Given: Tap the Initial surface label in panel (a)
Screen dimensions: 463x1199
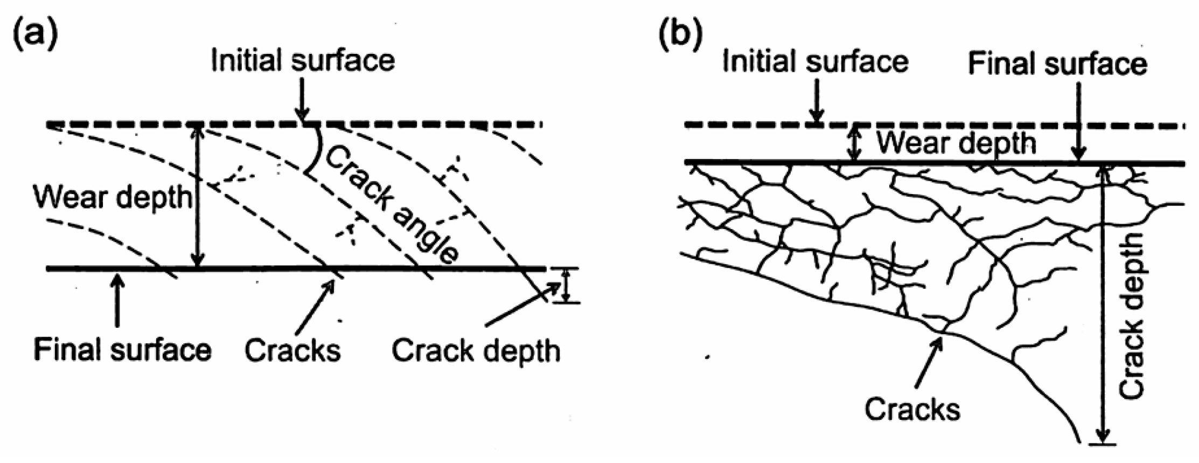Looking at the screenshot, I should point(303,60).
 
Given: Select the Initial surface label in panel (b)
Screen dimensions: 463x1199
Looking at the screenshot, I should point(815,61).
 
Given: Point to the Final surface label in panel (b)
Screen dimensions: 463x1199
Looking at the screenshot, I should point(1057,64).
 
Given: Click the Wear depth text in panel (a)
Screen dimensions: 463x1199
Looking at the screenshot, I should point(113,197).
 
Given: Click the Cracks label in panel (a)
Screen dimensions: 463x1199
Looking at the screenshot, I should point(292,350).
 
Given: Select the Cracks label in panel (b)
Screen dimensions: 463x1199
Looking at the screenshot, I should point(912,409).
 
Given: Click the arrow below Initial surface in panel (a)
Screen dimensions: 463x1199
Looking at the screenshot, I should point(303,100).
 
